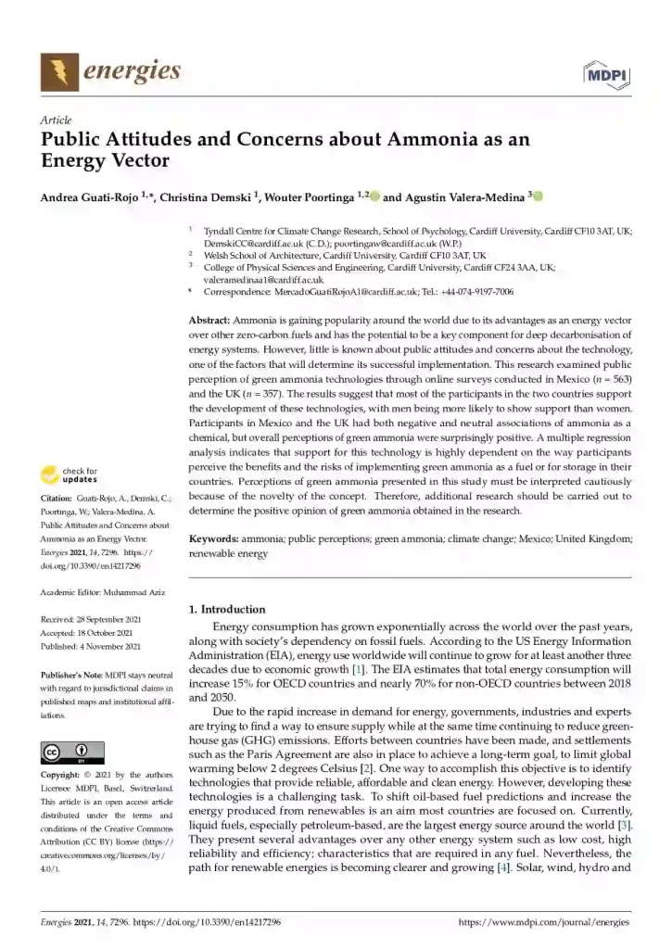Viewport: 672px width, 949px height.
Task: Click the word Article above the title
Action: (x=57, y=121)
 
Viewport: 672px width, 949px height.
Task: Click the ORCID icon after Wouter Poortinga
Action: (x=374, y=196)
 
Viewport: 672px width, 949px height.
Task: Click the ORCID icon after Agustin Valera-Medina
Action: (x=537, y=196)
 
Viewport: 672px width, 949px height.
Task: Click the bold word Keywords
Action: (x=213, y=538)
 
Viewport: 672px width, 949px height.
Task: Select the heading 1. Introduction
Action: (x=226, y=609)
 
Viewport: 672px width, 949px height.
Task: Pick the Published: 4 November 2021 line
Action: (x=91, y=646)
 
